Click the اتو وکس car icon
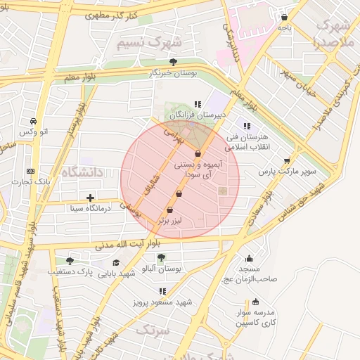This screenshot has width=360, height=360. click(34, 121)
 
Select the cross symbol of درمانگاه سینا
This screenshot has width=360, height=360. click(90, 198)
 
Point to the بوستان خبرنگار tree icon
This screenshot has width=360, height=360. click(173, 62)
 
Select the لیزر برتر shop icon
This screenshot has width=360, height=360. click(169, 210)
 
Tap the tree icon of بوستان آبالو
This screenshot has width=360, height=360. click(161, 257)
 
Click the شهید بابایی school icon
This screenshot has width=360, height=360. click(115, 262)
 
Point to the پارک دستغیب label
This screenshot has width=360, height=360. click(70, 271)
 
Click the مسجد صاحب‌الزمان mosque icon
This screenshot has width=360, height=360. click(249, 258)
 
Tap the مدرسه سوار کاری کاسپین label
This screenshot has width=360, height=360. click(258, 318)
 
